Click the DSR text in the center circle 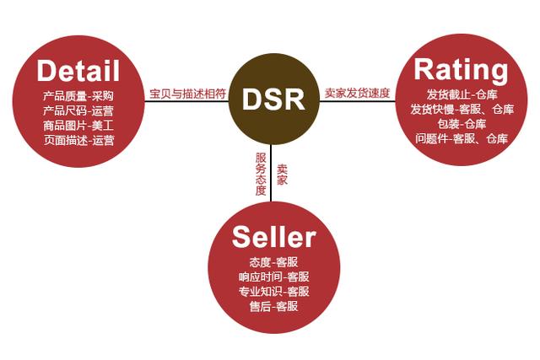[270, 99]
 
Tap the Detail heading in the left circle [78, 68]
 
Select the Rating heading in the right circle [462, 68]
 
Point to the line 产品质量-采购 [78, 94]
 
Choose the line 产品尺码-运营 [78, 110]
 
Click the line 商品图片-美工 [78, 125]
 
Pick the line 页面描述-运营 [78, 140]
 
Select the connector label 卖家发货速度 [357, 93]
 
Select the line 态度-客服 [273, 261]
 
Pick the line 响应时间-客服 [273, 277]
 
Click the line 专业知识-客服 [273, 292]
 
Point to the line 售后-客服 [273, 307]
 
